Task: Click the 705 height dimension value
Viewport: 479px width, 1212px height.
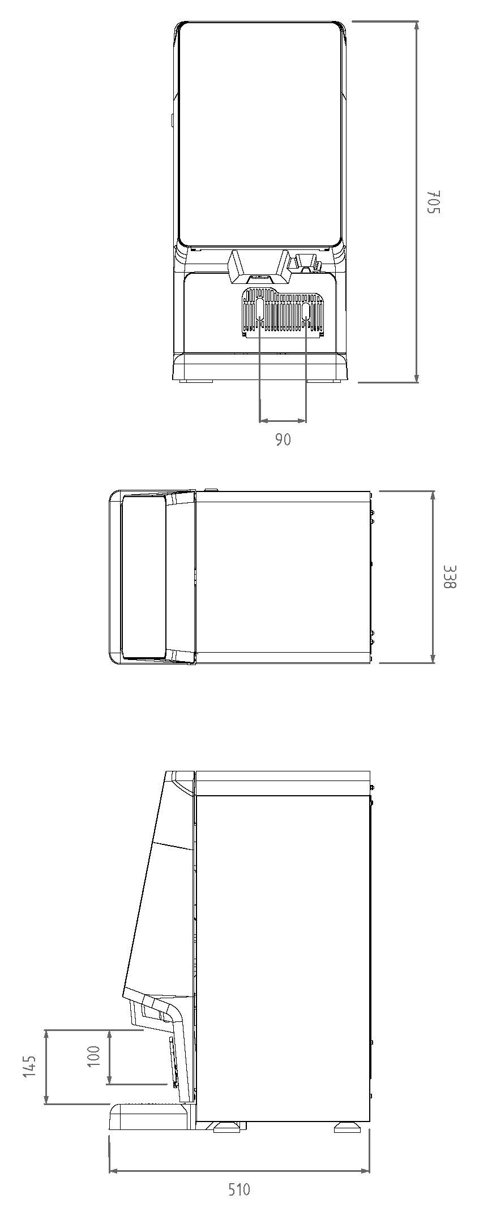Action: (433, 202)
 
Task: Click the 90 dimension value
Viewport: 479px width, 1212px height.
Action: (283, 439)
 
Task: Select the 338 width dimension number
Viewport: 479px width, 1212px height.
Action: (448, 576)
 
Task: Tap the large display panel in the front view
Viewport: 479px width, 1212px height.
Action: (261, 134)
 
